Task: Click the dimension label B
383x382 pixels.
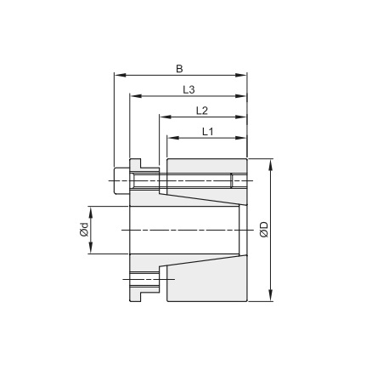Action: (x=179, y=69)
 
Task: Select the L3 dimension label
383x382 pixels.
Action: (x=189, y=89)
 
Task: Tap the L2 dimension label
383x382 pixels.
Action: (x=202, y=111)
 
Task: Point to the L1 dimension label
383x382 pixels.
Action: (x=208, y=132)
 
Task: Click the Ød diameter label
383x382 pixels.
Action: (x=84, y=230)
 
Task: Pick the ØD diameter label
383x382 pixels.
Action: (x=264, y=230)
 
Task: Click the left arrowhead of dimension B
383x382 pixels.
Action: (x=120, y=75)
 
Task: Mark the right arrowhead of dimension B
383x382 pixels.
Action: (x=241, y=75)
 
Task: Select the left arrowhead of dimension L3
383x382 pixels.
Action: (x=136, y=96)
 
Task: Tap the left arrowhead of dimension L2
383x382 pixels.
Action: (x=166, y=117)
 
